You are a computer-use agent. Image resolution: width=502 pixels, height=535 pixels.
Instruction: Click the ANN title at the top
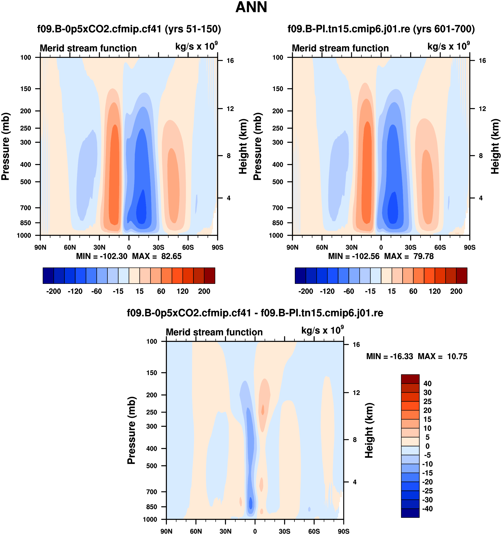point(251,7)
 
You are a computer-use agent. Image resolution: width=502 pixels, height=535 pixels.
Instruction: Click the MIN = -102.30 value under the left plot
point(101,256)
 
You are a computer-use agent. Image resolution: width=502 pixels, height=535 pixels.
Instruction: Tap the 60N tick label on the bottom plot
point(196,531)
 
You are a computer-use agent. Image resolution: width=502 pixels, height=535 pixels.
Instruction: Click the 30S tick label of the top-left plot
point(158,247)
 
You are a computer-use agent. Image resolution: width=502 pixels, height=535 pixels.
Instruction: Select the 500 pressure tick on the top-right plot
point(278,182)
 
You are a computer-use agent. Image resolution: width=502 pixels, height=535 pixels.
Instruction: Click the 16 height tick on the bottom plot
point(356,344)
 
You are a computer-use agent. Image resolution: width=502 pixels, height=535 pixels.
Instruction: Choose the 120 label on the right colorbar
point(435,291)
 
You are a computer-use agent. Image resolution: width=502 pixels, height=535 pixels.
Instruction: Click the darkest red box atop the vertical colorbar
point(410,379)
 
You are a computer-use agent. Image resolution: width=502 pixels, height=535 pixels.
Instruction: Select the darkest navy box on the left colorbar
point(48,276)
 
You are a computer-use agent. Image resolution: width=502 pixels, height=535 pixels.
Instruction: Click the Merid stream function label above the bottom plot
point(214,332)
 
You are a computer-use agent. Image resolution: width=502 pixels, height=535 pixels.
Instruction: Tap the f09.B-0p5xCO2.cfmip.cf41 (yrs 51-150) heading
point(129,29)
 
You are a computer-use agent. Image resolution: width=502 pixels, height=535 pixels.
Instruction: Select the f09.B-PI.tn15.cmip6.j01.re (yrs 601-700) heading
point(381,29)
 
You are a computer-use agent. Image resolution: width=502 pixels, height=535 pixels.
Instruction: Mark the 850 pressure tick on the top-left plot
point(26,223)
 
